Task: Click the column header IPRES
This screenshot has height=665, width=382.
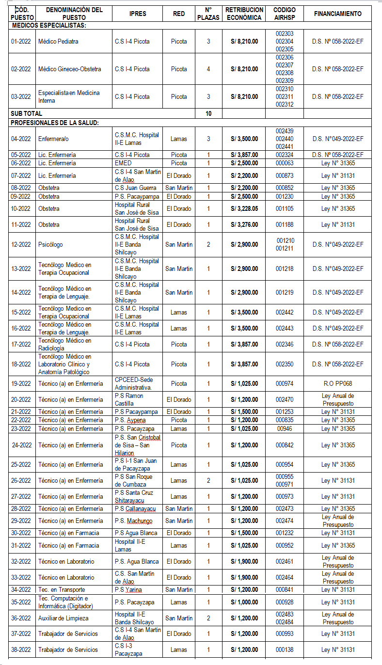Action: pyautogui.click(x=138, y=14)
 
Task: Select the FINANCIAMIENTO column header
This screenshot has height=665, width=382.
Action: pyautogui.click(x=337, y=14)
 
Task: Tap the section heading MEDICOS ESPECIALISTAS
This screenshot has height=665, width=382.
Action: pyautogui.click(x=48, y=25)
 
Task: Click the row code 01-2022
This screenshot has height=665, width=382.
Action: pyautogui.click(x=21, y=42)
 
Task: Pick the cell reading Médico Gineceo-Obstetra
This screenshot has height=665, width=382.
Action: pyautogui.click(x=70, y=69)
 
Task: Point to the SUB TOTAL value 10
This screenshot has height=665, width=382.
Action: pyautogui.click(x=208, y=113)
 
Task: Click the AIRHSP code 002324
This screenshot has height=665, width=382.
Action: pyautogui.click(x=285, y=155)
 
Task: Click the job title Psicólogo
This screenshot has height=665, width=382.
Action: pyautogui.click(x=50, y=245)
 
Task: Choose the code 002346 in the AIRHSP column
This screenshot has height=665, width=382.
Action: pyautogui.click(x=285, y=345)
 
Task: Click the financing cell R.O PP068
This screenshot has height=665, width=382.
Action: pyautogui.click(x=338, y=384)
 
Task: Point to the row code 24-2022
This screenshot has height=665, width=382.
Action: pyautogui.click(x=22, y=445)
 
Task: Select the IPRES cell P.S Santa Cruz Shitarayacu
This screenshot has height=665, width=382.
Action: pyautogui.click(x=134, y=497)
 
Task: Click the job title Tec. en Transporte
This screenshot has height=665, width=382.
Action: pyautogui.click(x=62, y=590)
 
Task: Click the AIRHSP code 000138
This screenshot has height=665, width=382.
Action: pyautogui.click(x=285, y=650)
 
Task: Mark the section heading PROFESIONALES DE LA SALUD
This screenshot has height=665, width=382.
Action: pyautogui.click(x=55, y=123)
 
